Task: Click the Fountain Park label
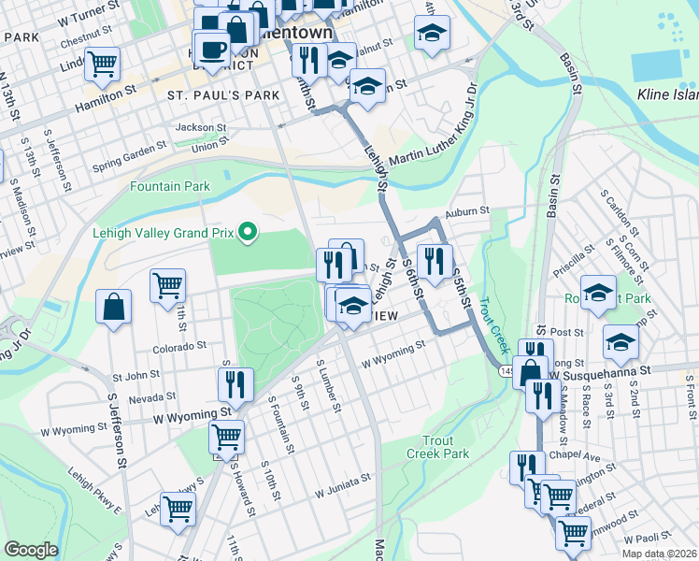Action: [x=170, y=187]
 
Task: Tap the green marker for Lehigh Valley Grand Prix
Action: [x=248, y=231]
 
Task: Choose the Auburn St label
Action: [x=467, y=212]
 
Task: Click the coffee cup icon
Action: [x=212, y=50]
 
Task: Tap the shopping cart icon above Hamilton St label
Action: [x=103, y=64]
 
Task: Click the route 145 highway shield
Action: [x=506, y=372]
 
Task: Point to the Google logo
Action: [x=31, y=550]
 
